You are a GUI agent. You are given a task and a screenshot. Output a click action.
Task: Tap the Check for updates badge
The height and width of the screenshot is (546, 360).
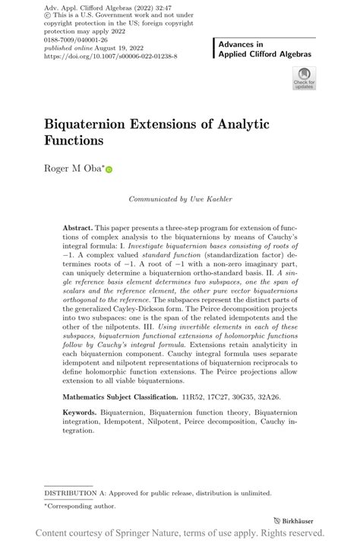click(x=303, y=79)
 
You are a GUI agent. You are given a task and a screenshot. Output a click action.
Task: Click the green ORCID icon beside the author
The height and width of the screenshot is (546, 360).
click(x=109, y=170)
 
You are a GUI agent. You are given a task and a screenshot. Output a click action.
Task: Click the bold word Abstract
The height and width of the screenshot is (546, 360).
click(x=77, y=227)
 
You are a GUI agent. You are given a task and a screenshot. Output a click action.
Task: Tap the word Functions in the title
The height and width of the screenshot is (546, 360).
click(x=73, y=140)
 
